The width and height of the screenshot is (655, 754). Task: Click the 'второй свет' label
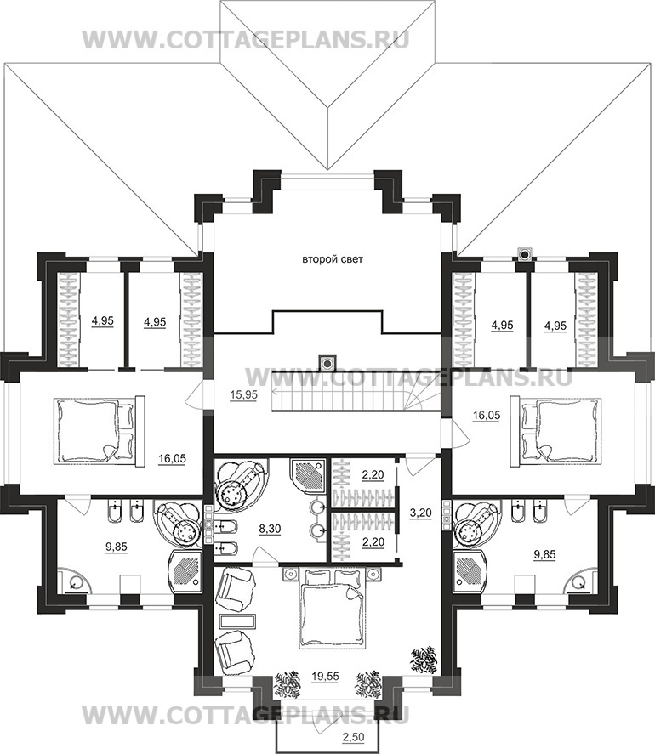click(x=332, y=259)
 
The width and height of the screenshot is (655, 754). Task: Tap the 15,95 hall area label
click(x=243, y=394)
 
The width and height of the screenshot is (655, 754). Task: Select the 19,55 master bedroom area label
click(x=325, y=676)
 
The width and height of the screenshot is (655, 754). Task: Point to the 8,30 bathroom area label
click(x=270, y=529)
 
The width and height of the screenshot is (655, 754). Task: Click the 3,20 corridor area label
click(x=420, y=513)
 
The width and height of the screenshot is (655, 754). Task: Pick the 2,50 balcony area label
click(x=353, y=737)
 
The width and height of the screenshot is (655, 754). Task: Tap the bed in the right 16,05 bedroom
click(x=555, y=431)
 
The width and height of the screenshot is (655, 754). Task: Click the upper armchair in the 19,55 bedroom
click(x=236, y=588)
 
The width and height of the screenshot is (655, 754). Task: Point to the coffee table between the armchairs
click(x=236, y=621)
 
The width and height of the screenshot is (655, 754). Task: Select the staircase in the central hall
click(x=356, y=391)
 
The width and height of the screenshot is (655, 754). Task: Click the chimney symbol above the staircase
click(x=327, y=363)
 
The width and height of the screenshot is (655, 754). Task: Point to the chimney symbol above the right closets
click(x=525, y=253)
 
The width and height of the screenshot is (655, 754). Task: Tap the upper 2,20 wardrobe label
click(x=373, y=475)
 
